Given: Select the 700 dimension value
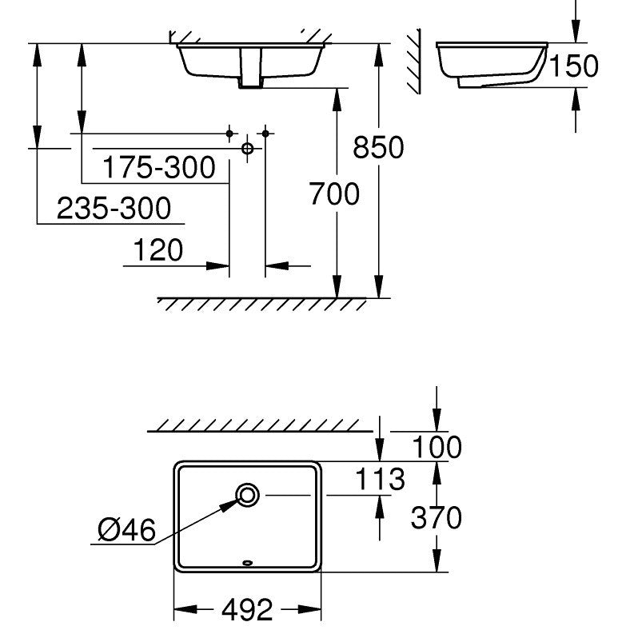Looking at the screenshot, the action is click(334, 193).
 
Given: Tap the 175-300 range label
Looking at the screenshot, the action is click(159, 167).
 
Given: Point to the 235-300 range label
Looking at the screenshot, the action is click(114, 208).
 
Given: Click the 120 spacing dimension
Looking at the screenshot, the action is click(158, 249).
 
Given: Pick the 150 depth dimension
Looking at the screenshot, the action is click(573, 66).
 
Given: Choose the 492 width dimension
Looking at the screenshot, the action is click(247, 609).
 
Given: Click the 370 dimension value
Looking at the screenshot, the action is click(437, 517).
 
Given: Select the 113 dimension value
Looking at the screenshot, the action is click(380, 479).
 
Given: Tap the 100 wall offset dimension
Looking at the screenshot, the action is click(437, 447).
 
